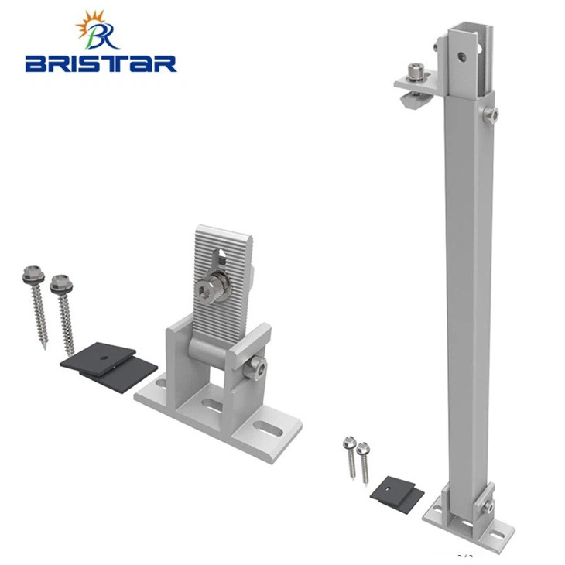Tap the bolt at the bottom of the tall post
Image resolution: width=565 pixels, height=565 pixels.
pos(488,507)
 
